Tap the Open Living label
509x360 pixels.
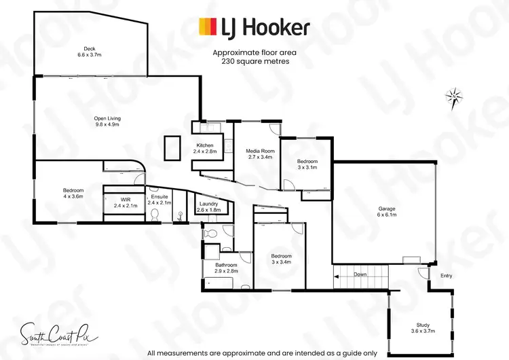tap(107, 122)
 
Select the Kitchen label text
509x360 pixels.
tap(205, 149)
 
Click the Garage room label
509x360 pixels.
tap(387, 211)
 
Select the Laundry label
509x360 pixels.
tap(208, 207)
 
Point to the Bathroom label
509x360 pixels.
tap(227, 268)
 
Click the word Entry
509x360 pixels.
tap(446, 275)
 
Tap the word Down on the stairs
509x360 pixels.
tap(360, 274)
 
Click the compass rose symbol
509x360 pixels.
tap(454, 97)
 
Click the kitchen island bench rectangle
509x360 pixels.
tap(172, 147)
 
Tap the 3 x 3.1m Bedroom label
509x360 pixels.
tap(307, 164)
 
